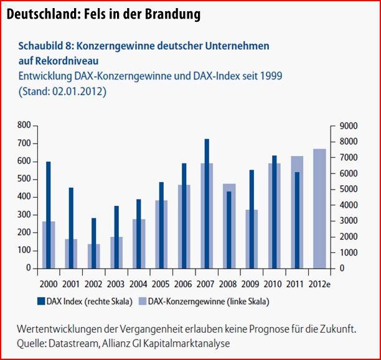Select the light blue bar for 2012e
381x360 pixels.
tap(319, 208)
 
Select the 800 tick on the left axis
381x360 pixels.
tap(24, 126)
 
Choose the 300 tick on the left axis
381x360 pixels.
tap(24, 215)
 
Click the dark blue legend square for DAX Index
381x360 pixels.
tap(42, 302)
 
